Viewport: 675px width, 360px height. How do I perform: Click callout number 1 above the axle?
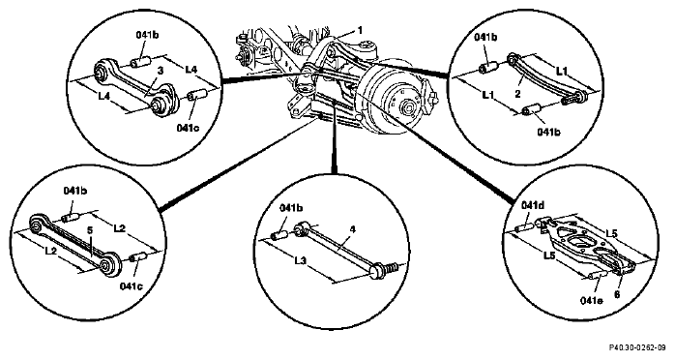coord(360,30)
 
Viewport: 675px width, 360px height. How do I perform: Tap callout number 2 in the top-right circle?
coord(518,93)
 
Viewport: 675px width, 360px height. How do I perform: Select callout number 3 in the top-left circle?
coord(161,71)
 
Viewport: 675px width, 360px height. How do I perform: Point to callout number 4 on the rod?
coord(353,229)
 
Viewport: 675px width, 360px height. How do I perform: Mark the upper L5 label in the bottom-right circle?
coord(612,233)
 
